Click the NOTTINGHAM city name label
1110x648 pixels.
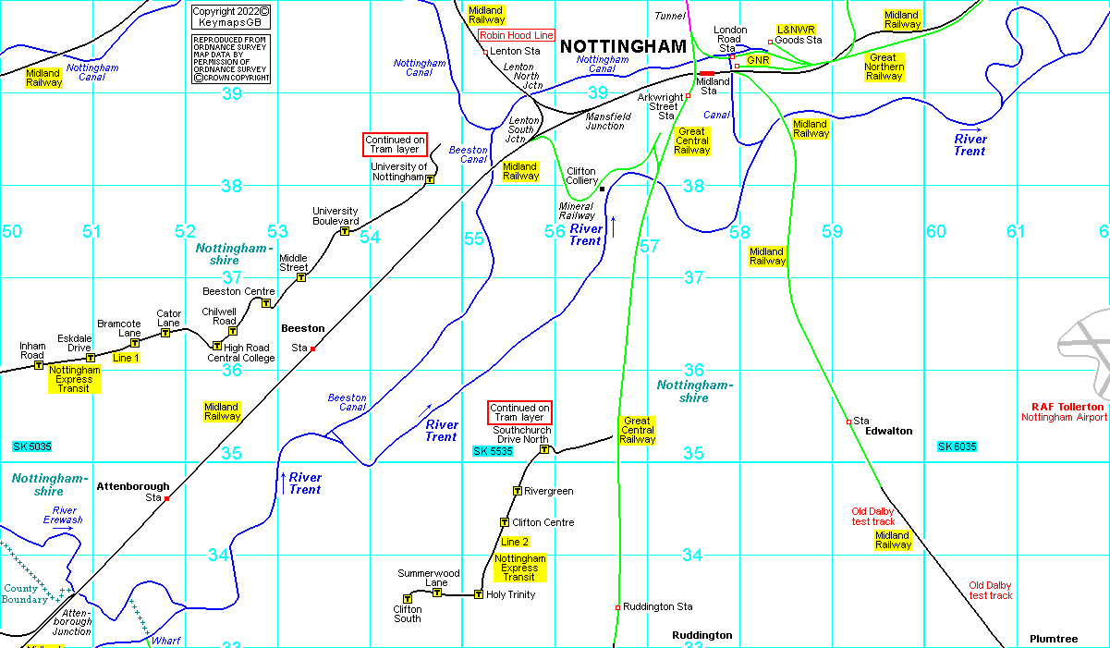click(x=624, y=46)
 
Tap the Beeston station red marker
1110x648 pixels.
click(x=313, y=348)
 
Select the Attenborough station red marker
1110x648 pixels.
click(x=167, y=498)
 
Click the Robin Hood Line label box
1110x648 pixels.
click(x=517, y=35)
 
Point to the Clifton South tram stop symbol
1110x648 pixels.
click(x=408, y=599)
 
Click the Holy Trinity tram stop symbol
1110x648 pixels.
click(x=478, y=594)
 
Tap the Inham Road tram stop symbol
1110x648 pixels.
click(x=39, y=365)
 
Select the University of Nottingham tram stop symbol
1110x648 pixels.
click(x=430, y=180)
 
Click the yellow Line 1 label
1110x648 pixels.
click(x=125, y=357)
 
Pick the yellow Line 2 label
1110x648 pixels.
click(x=515, y=542)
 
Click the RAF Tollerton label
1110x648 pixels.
click(x=1067, y=407)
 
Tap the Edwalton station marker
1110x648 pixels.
click(x=848, y=422)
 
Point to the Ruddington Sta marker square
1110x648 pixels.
click(x=617, y=607)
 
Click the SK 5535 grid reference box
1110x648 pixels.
click(x=492, y=451)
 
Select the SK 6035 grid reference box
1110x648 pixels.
click(x=957, y=446)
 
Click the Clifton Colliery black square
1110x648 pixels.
click(x=602, y=189)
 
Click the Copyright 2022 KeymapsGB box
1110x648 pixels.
click(x=230, y=16)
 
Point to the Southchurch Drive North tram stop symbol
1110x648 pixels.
click(x=544, y=450)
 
